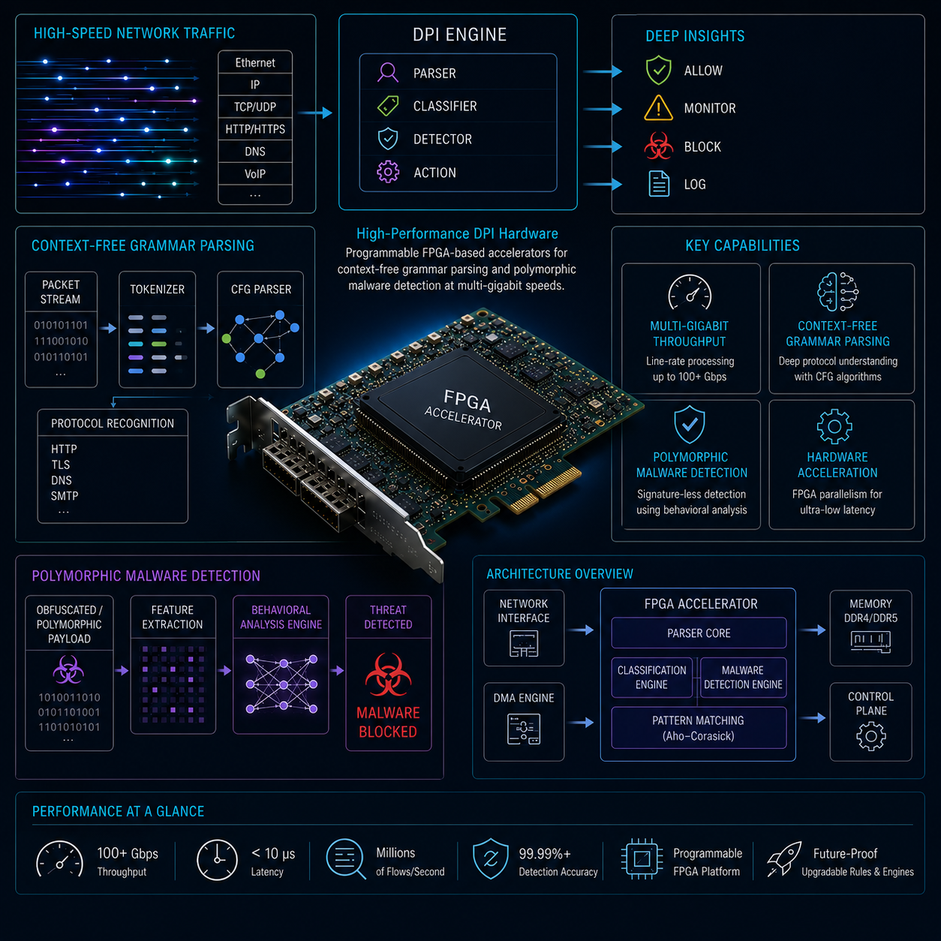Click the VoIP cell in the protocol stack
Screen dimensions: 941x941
[255, 174]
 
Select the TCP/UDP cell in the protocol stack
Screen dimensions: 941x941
[255, 107]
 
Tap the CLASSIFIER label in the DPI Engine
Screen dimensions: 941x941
[445, 106]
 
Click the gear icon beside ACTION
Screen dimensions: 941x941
[388, 172]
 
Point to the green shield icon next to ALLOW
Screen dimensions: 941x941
[658, 71]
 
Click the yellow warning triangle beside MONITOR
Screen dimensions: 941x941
[658, 108]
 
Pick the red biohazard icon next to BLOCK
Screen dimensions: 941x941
[658, 146]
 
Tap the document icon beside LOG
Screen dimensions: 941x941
[659, 184]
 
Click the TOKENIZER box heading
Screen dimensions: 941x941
[158, 290]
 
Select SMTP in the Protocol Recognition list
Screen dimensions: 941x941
[65, 496]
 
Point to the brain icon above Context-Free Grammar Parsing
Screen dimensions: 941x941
[837, 292]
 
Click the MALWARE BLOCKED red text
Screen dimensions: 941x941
[388, 722]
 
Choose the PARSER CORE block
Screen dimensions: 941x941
[699, 633]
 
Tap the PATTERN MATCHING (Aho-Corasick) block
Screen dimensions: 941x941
[699, 728]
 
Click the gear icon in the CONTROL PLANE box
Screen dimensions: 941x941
[870, 736]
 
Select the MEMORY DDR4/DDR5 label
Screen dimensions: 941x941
[870, 611]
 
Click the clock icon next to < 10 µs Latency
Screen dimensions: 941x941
[217, 860]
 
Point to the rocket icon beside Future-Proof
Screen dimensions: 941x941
[784, 858]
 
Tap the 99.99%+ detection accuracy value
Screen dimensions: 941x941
[545, 854]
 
